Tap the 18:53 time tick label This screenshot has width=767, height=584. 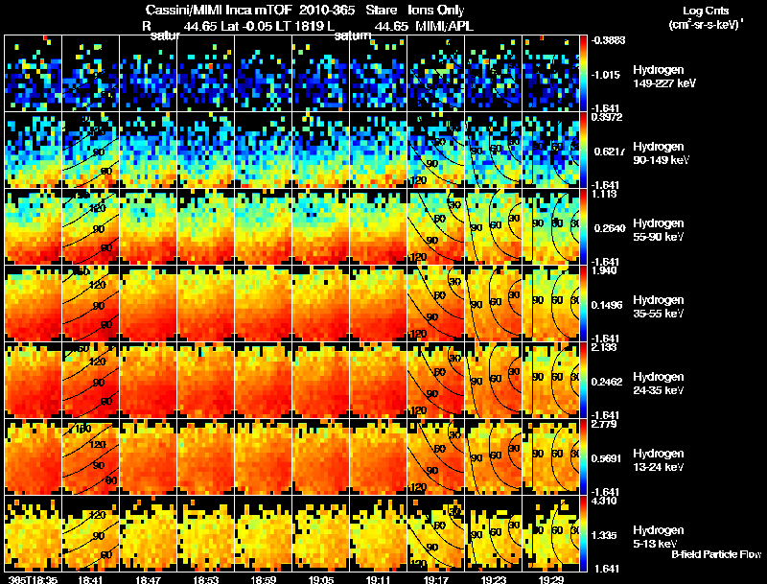tap(206, 579)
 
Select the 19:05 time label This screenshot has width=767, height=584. tap(321, 579)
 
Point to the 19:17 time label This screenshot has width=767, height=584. tap(436, 579)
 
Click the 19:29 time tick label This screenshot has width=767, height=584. tap(551, 579)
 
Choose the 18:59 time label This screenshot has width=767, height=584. tap(264, 579)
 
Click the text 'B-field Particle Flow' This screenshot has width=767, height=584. tap(716, 554)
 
